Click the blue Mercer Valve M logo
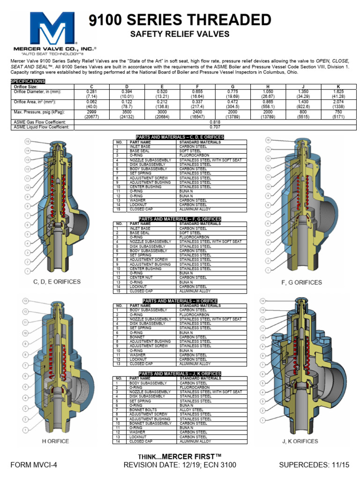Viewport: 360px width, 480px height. (52, 29)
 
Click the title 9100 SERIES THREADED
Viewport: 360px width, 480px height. (180, 20)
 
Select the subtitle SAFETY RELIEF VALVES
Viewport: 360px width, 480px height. (180, 34)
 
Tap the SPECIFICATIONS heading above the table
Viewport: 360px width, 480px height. (28, 81)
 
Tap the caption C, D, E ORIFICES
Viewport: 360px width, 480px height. (57, 282)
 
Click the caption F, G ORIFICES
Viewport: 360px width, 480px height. (301, 282)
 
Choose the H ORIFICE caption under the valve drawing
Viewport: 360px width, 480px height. (55, 441)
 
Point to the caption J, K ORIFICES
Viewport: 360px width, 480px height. (300, 441)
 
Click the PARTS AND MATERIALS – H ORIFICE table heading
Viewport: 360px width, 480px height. (180, 301)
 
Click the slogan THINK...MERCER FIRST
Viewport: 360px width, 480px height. (180, 456)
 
